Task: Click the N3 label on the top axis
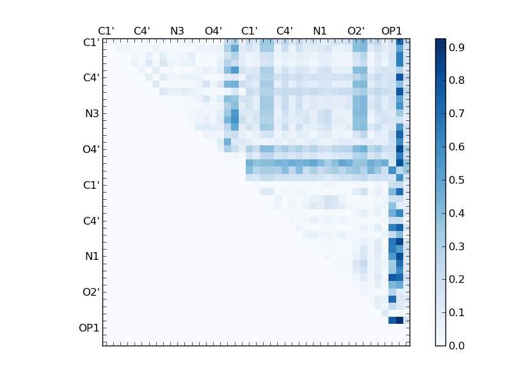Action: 177,31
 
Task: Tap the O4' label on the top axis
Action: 213,31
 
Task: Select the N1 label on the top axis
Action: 320,31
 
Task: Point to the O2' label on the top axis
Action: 356,31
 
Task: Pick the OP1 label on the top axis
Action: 392,31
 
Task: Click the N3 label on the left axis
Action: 92,114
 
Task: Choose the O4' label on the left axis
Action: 91,150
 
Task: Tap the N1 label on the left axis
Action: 92,257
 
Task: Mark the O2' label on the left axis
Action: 91,292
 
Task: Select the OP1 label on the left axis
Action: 89,328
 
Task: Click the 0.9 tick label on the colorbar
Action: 456,48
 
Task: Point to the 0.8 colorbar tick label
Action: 456,81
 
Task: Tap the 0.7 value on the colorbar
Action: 456,114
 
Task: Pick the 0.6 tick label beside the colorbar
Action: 456,147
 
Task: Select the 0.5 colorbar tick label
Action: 456,180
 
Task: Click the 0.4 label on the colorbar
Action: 456,213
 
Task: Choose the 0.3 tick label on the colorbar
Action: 456,246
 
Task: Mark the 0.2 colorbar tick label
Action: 456,280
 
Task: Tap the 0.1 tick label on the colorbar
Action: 456,312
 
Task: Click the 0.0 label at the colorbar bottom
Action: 456,346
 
